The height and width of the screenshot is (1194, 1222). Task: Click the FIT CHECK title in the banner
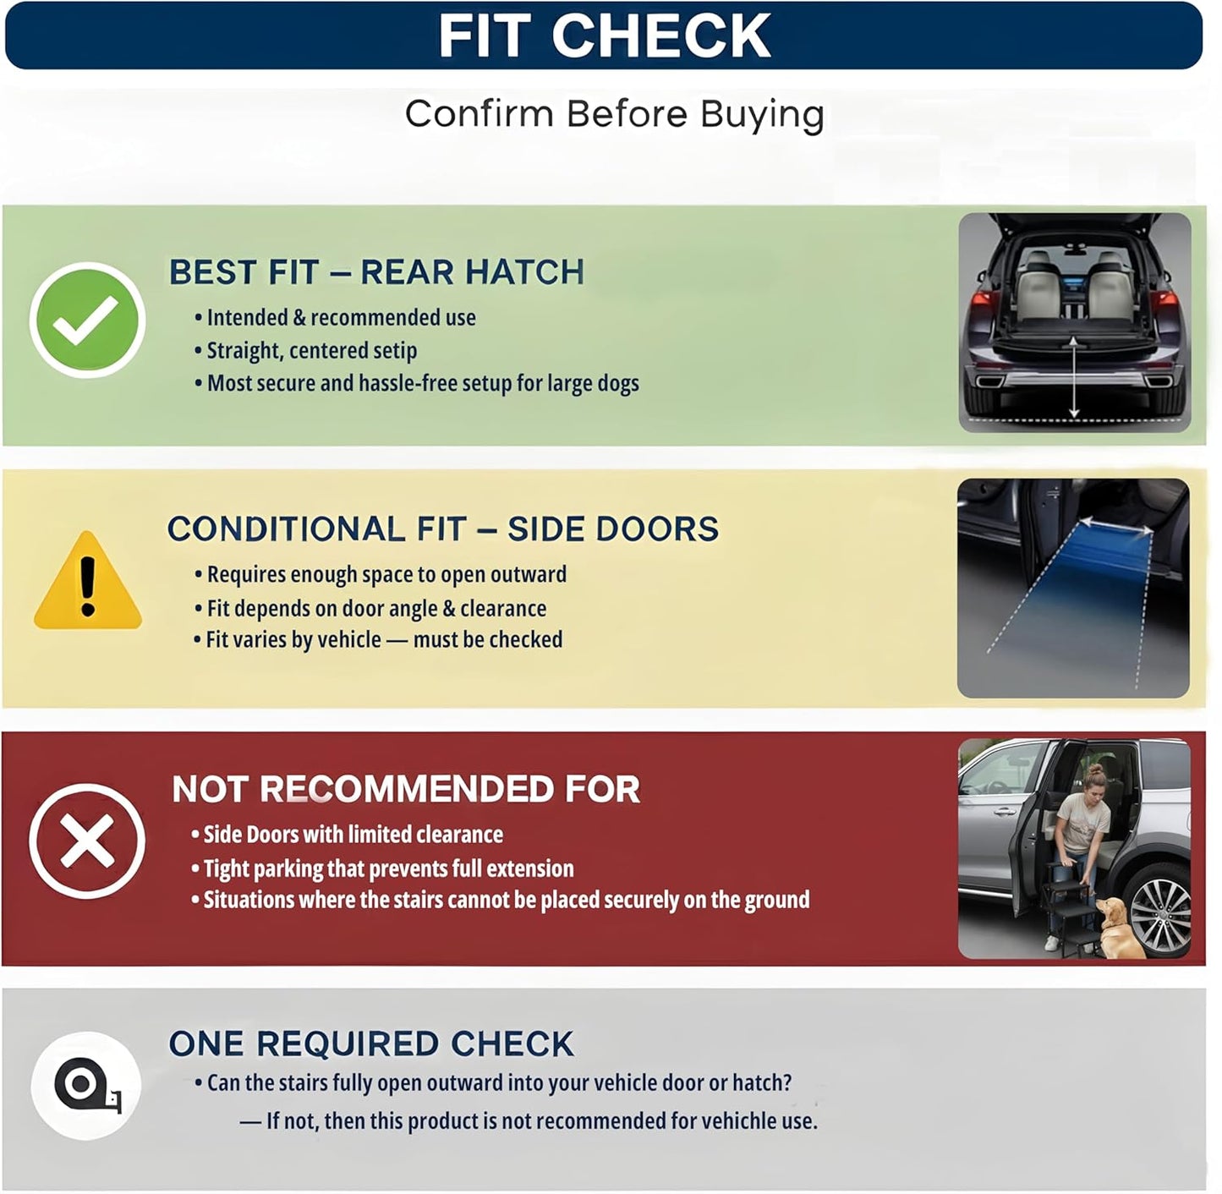(x=604, y=36)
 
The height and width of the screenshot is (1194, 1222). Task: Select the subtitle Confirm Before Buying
(x=614, y=114)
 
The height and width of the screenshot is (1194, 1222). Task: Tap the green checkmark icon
(x=87, y=320)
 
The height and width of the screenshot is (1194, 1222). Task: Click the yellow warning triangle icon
(x=88, y=580)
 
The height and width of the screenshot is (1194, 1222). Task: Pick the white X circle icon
(x=87, y=841)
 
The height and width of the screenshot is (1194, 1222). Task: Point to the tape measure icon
(x=86, y=1086)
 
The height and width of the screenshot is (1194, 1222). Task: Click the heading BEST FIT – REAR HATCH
(x=376, y=271)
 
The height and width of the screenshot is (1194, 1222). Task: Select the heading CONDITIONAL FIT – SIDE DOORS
(x=442, y=529)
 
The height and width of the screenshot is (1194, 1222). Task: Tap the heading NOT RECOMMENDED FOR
(x=406, y=789)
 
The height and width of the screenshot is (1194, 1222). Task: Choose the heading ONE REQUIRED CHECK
(x=371, y=1043)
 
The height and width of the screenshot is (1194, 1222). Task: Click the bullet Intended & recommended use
(x=335, y=318)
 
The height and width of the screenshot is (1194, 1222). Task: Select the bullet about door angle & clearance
(x=370, y=608)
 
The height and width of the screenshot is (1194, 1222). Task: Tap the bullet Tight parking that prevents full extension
(x=382, y=868)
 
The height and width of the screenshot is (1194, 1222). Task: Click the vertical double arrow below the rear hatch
(x=1074, y=376)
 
